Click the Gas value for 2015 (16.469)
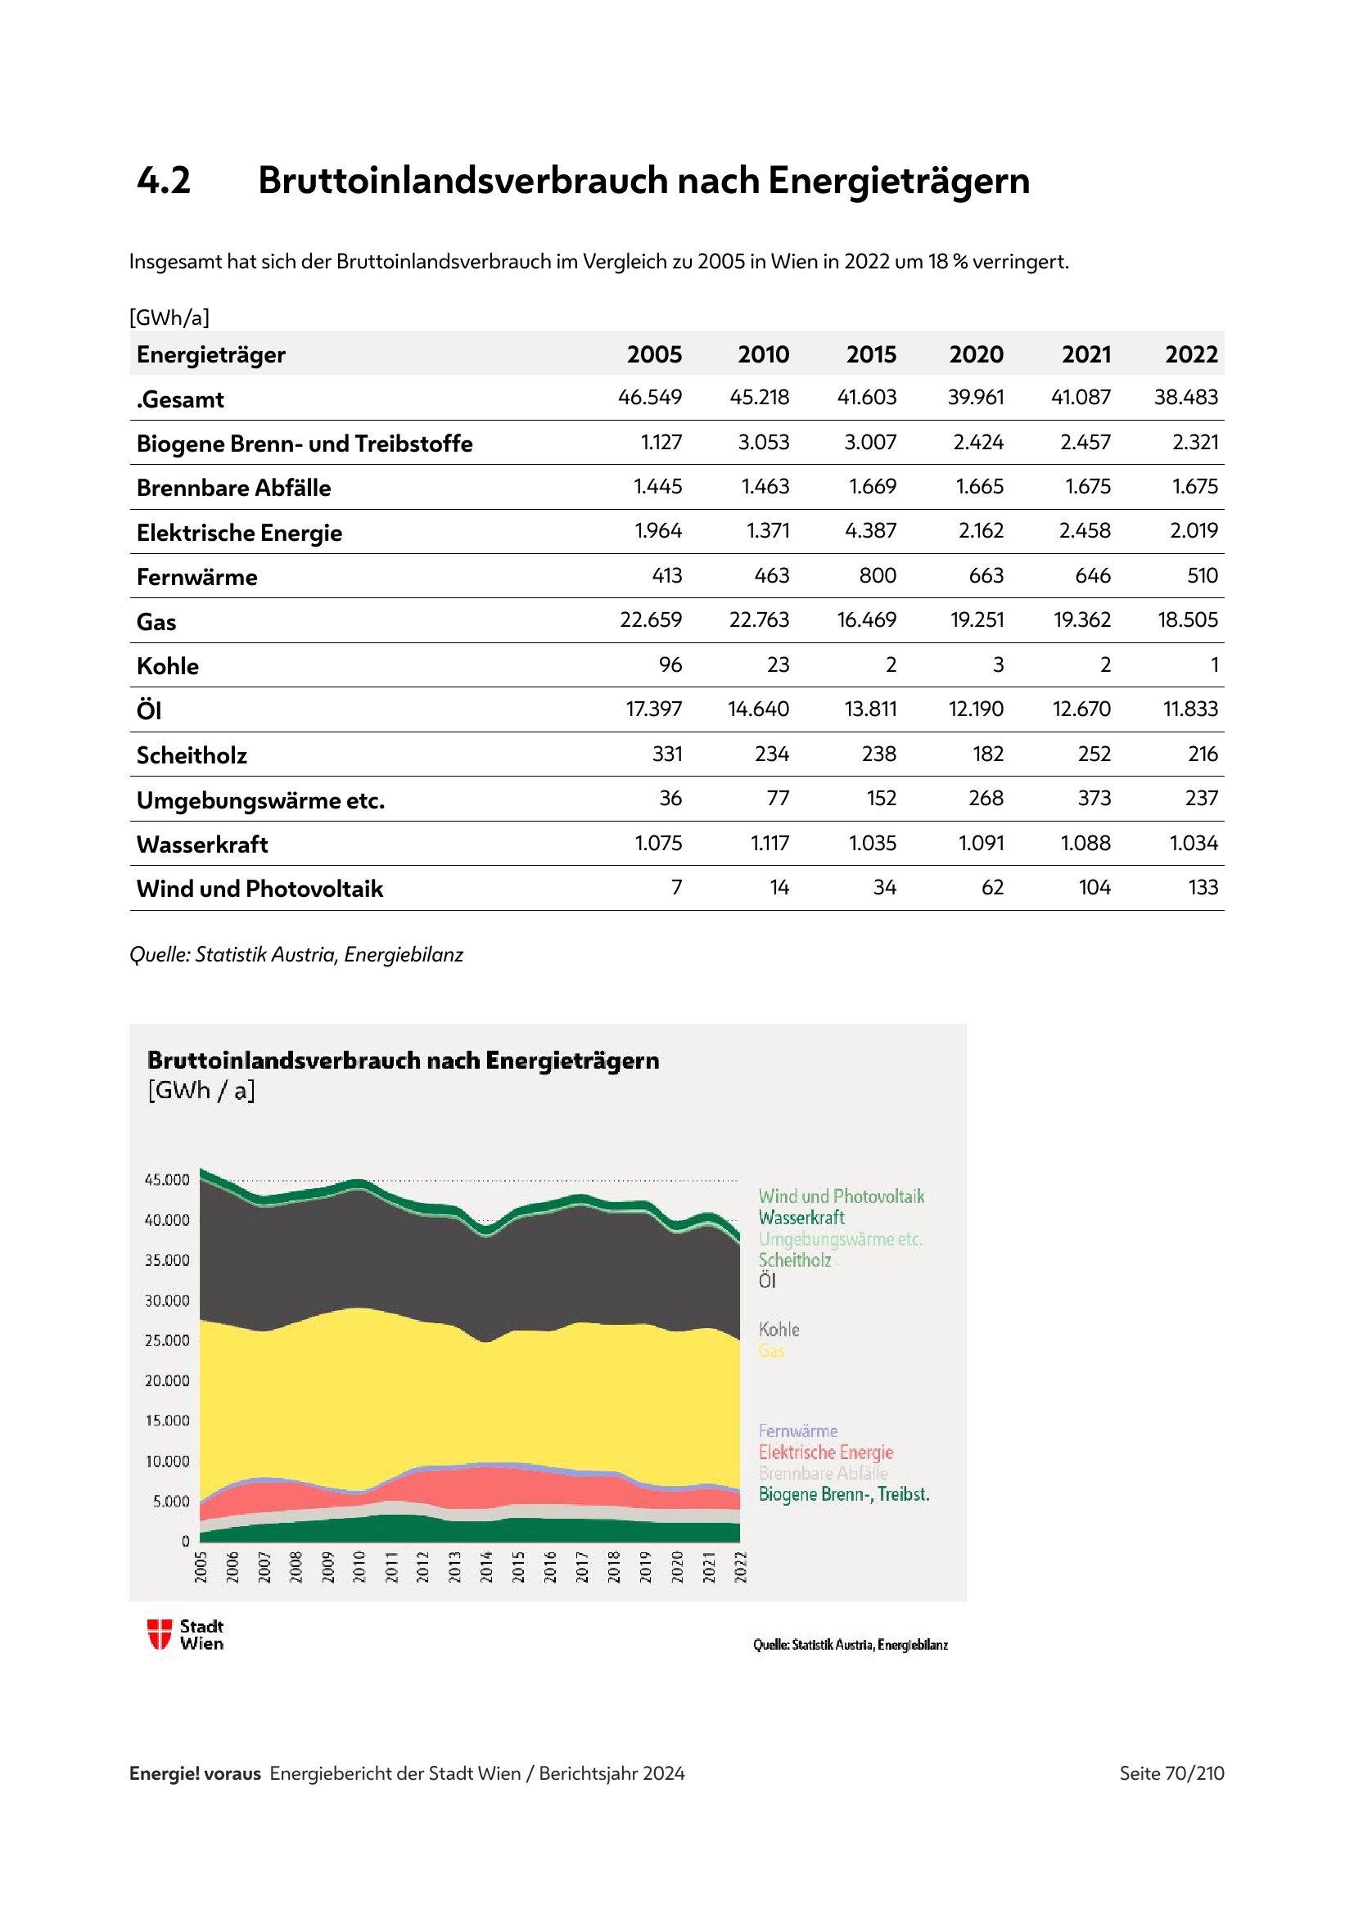point(866,620)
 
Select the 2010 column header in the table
point(763,355)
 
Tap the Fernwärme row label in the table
point(196,577)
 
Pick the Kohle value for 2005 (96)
point(670,665)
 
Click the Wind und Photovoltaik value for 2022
point(1203,888)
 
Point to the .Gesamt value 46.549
point(649,398)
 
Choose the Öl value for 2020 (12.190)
point(976,709)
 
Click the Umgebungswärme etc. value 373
point(1094,799)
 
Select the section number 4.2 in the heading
point(165,181)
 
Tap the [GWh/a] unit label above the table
point(169,317)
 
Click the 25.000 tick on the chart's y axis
point(167,1340)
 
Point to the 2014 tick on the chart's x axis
point(487,1566)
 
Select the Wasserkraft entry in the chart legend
point(801,1218)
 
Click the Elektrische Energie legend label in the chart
point(825,1452)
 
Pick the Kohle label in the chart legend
point(779,1330)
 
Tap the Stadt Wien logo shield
point(160,1634)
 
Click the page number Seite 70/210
point(1171,1773)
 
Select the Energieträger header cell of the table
point(211,355)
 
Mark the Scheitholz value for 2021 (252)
point(1094,754)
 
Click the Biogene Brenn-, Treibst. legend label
point(843,1494)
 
